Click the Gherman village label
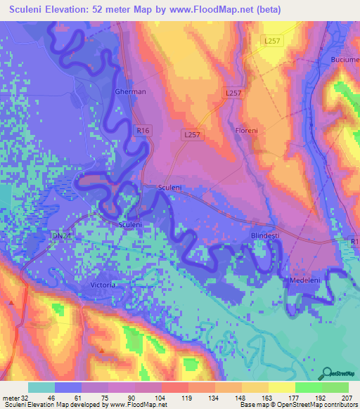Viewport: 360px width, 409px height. (x=130, y=92)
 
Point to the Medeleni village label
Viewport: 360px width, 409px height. (x=305, y=280)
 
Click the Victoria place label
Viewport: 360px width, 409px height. (x=103, y=285)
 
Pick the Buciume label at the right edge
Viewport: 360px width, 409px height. (x=345, y=60)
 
